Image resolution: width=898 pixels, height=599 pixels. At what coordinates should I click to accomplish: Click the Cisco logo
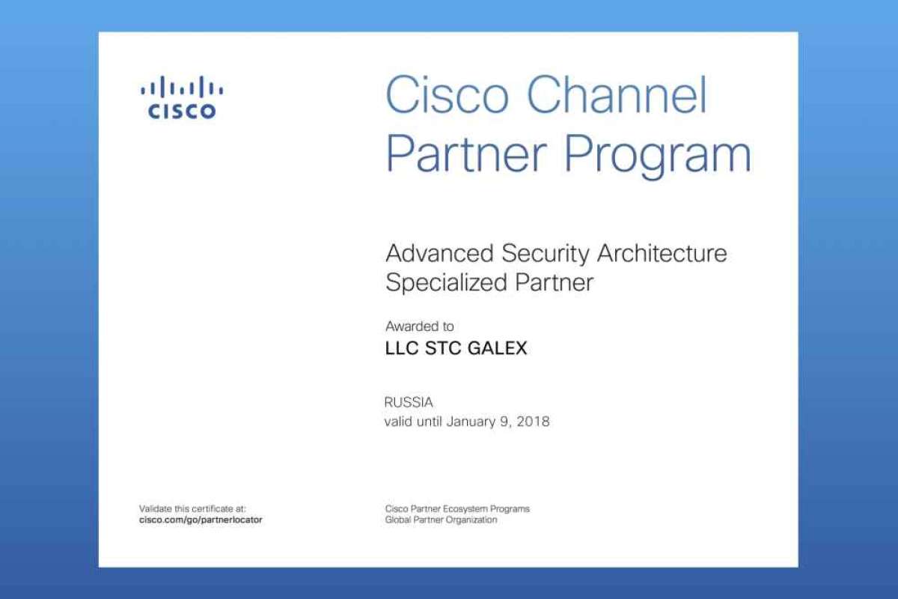click(x=182, y=97)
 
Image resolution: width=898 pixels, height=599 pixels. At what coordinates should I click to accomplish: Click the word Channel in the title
click(x=617, y=94)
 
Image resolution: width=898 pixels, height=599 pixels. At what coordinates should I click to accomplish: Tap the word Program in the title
click(x=658, y=154)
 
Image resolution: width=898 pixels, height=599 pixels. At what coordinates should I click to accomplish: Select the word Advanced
click(x=439, y=253)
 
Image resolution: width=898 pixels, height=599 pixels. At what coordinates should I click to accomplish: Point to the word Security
click(x=546, y=254)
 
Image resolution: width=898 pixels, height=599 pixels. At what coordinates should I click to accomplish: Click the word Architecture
click(x=662, y=253)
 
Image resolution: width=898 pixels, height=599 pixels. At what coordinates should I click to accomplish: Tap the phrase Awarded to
click(x=419, y=326)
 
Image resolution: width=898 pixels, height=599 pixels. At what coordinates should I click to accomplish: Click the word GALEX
click(x=497, y=348)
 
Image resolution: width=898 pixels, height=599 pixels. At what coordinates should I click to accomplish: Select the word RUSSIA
click(x=409, y=402)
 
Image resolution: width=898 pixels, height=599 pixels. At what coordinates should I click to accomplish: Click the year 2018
click(x=533, y=422)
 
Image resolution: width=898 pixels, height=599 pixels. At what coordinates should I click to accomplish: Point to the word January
click(x=471, y=422)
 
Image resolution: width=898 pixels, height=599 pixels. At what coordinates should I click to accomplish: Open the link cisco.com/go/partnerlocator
click(x=201, y=520)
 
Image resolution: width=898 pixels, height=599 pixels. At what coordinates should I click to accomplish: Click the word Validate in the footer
click(x=155, y=508)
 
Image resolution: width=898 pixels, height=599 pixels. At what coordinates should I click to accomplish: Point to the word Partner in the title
click(x=465, y=154)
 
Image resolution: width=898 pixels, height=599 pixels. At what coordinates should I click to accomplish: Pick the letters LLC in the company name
click(x=402, y=348)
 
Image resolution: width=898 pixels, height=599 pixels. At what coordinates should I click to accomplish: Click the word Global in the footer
click(x=397, y=520)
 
